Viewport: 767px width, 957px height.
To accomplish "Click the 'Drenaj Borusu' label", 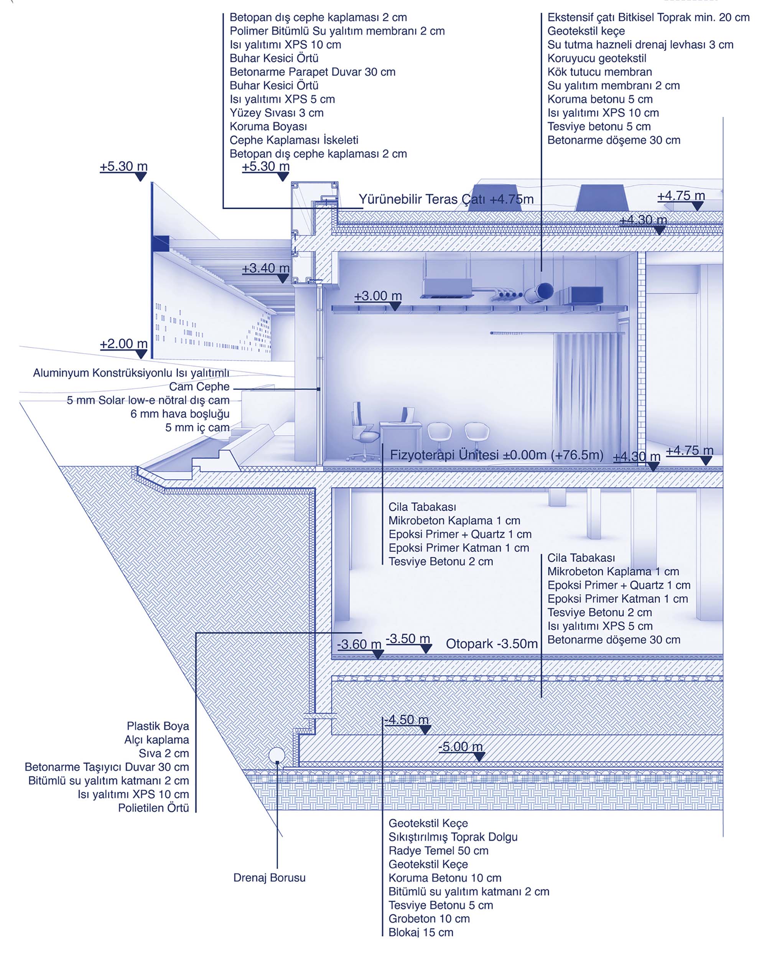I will [x=270, y=878].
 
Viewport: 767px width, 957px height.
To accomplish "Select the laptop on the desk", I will [x=408, y=415].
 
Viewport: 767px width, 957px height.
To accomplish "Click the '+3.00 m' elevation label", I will [x=378, y=296].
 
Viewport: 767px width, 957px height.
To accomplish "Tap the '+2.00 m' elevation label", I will [x=123, y=344].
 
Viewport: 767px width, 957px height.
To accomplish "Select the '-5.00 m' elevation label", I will [x=460, y=746].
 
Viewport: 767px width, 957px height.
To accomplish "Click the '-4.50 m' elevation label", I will [x=407, y=720].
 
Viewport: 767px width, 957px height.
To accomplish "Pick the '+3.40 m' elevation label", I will [x=265, y=268].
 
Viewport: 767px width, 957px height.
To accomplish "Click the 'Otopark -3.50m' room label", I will [x=491, y=644].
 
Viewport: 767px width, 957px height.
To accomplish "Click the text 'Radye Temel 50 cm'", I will [x=438, y=850].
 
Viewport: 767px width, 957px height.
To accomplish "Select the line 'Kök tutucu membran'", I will [x=599, y=72].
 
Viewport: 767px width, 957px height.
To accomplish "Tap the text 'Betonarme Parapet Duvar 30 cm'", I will [x=312, y=72].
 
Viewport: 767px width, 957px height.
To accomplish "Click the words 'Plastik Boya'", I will [x=158, y=726].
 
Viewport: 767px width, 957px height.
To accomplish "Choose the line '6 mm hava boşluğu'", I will [x=180, y=414].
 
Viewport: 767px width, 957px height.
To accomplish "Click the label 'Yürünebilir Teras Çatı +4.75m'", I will [x=446, y=199].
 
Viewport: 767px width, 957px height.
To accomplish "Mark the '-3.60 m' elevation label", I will [x=359, y=644].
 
